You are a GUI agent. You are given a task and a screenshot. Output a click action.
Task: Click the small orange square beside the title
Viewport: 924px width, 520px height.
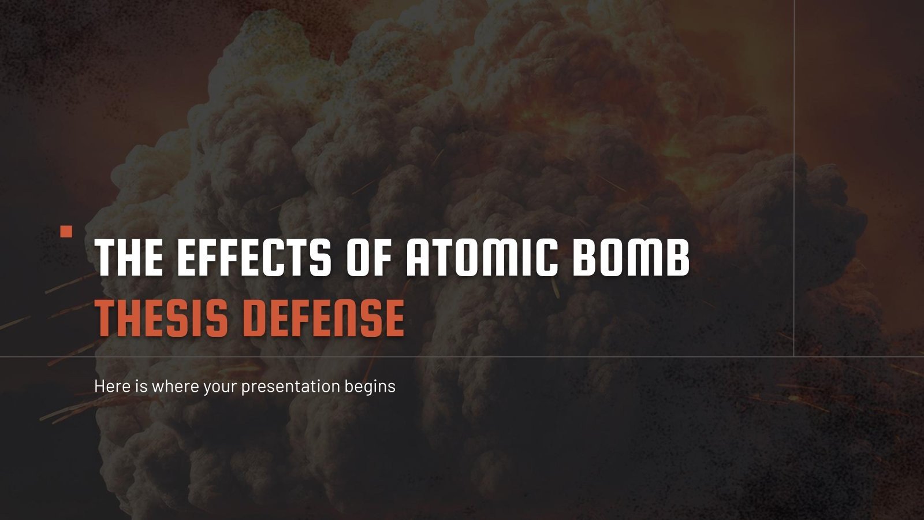(x=66, y=232)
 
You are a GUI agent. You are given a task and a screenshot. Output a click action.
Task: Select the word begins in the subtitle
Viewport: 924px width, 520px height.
(x=370, y=387)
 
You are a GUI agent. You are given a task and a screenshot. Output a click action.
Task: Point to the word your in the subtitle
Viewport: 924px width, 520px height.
(x=220, y=387)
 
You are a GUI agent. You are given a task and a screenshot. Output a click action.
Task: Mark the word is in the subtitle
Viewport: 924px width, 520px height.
(x=141, y=386)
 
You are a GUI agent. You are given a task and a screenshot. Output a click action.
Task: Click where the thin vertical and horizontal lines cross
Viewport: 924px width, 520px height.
(x=794, y=356)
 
